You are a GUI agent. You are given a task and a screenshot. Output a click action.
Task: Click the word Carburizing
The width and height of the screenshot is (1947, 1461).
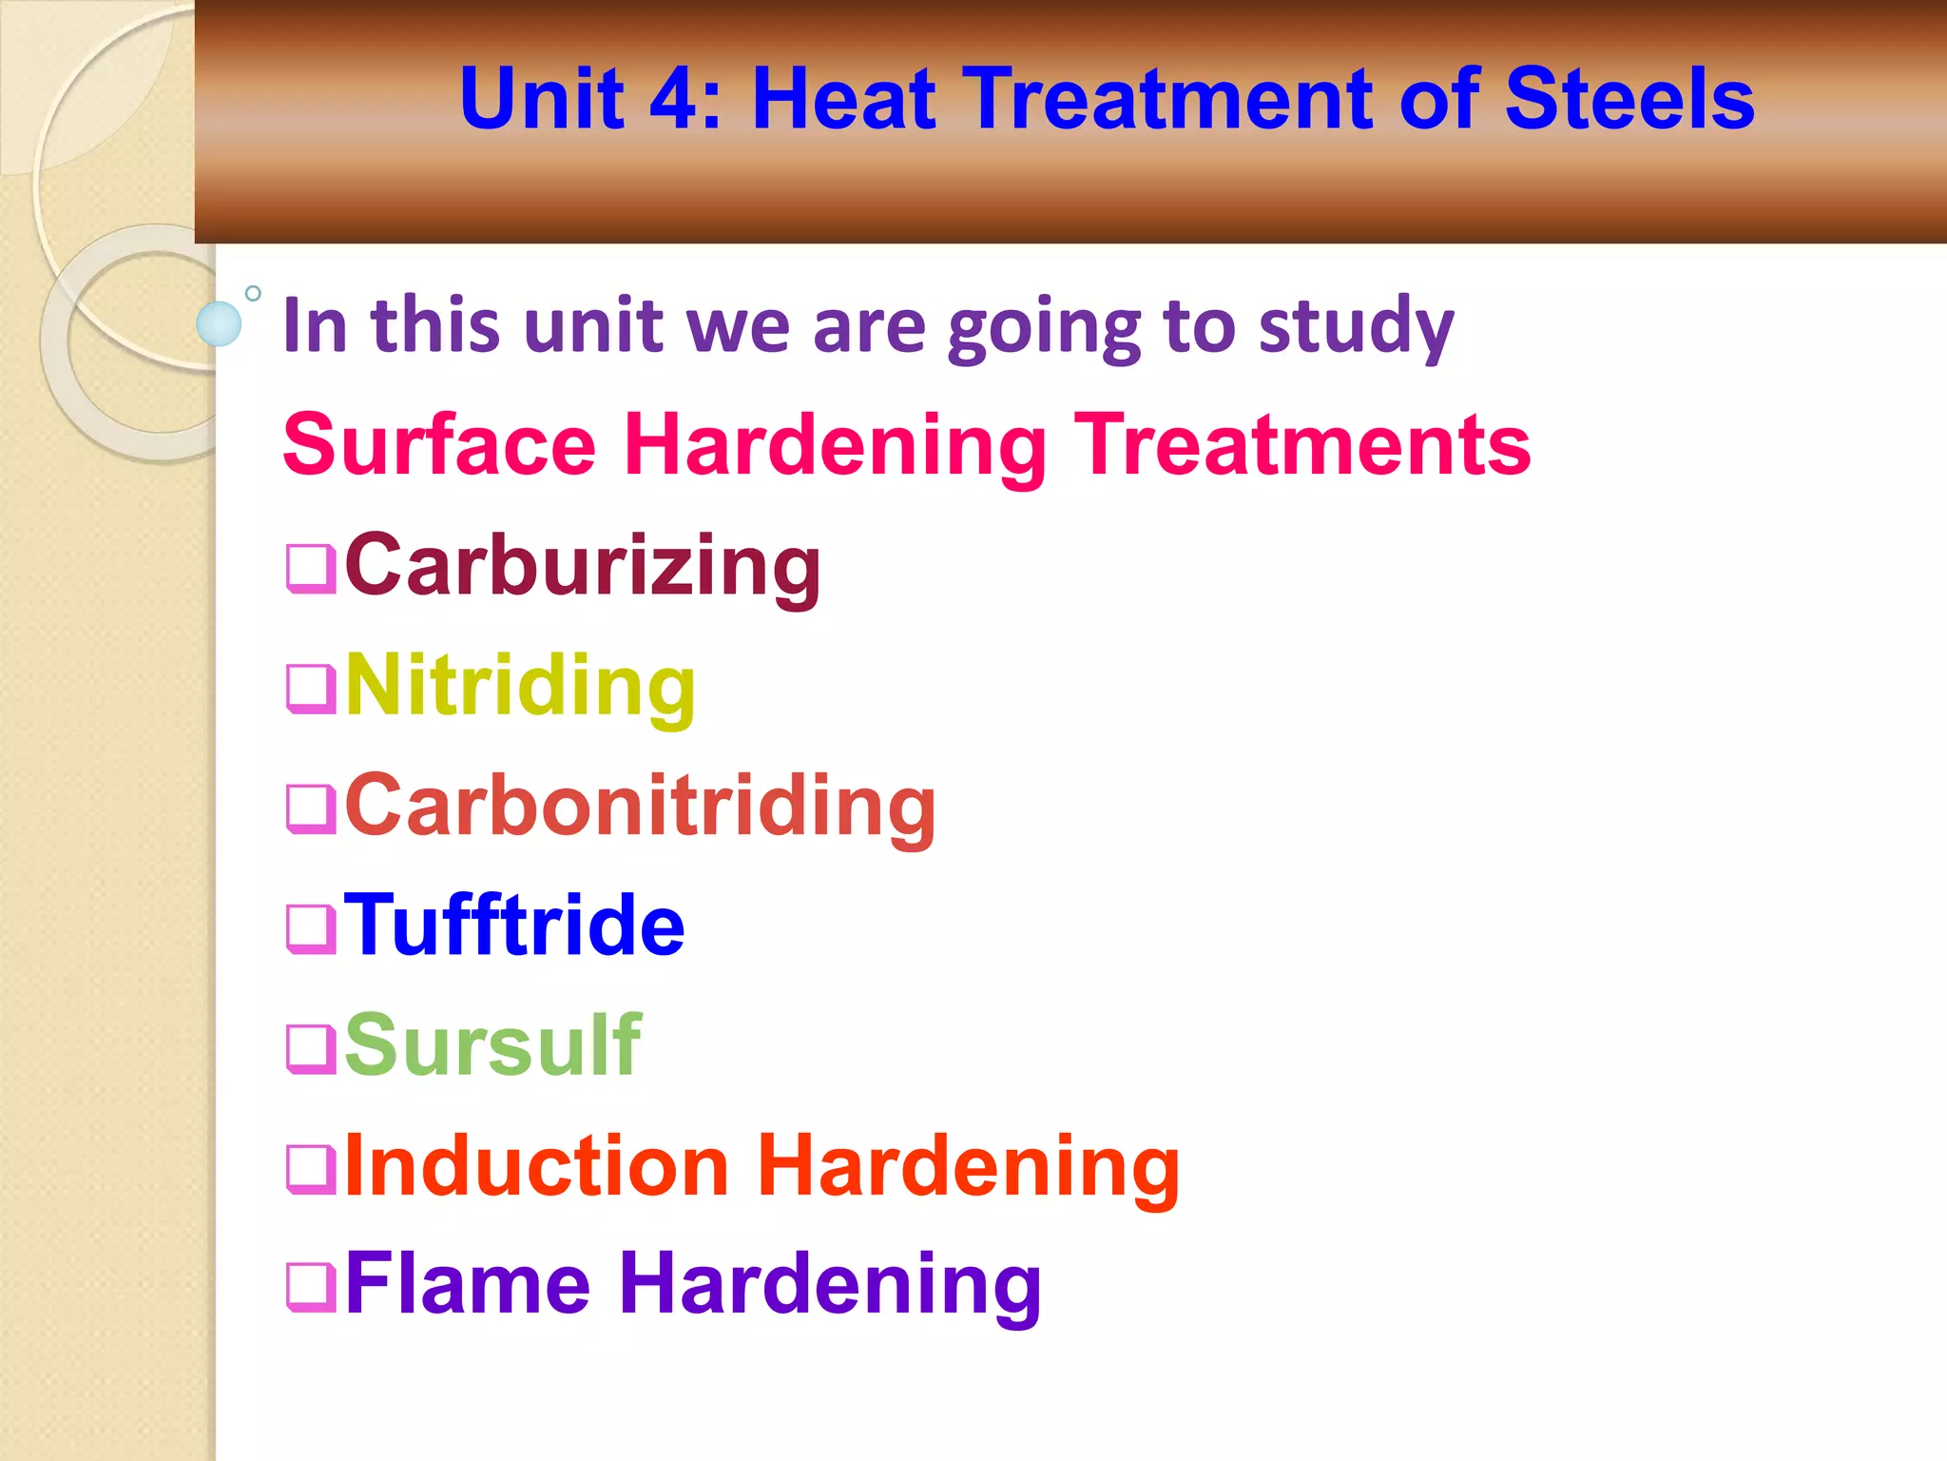[x=582, y=566]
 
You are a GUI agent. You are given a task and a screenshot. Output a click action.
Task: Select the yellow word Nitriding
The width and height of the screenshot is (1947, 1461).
[x=520, y=686]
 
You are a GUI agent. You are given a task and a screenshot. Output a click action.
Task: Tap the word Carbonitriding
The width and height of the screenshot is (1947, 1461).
[x=640, y=806]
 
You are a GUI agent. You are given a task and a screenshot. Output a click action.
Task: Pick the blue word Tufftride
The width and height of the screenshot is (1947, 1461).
[x=513, y=925]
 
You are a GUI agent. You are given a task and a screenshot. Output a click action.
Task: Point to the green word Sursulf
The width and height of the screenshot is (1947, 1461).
[x=492, y=1045]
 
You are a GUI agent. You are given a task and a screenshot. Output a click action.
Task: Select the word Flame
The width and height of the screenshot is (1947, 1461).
[x=468, y=1284]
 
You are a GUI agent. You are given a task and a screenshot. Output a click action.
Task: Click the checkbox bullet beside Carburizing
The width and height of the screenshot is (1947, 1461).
[x=311, y=568]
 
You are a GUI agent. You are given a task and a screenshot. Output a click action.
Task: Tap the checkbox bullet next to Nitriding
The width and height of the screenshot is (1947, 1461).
[x=311, y=688]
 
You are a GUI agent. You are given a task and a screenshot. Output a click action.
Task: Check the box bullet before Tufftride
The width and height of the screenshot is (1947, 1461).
[x=311, y=928]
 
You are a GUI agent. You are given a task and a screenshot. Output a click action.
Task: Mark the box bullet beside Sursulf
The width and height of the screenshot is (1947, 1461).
[x=311, y=1048]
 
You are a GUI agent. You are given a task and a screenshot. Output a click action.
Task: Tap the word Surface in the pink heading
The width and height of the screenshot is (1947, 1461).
[x=439, y=444]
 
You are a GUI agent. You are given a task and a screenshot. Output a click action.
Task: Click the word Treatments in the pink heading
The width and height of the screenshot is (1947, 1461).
[x=1301, y=444]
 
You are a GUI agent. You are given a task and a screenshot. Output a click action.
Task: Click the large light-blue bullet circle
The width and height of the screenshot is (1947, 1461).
[x=219, y=323]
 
